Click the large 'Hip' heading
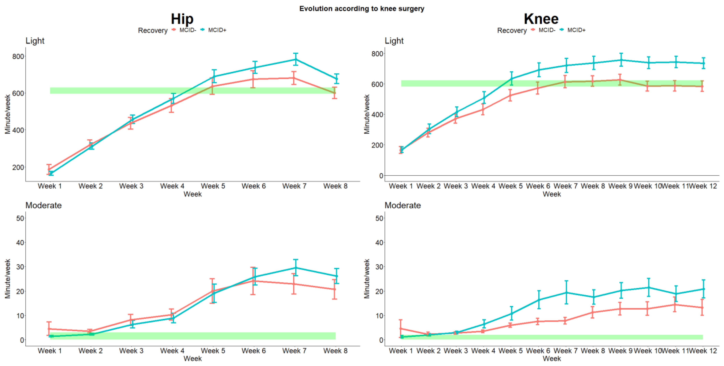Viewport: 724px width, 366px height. pyautogui.click(x=182, y=19)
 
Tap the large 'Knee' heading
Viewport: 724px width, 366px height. pyautogui.click(x=541, y=19)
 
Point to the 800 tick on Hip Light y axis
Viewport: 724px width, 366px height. pyautogui.click(x=18, y=57)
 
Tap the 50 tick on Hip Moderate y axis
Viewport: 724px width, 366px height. pyautogui.click(x=20, y=218)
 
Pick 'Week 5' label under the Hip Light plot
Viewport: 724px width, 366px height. pyautogui.click(x=213, y=186)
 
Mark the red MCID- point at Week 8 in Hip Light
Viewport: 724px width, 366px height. pyautogui.click(x=335, y=93)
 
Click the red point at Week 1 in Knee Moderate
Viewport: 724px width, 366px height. pyautogui.click(x=400, y=328)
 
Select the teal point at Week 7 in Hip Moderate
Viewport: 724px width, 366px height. pyautogui.click(x=295, y=268)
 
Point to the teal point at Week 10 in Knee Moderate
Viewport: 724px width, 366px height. pyautogui.click(x=648, y=287)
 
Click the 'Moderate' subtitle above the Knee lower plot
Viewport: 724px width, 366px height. pyautogui.click(x=402, y=206)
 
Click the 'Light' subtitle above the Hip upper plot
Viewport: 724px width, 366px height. pyautogui.click(x=35, y=41)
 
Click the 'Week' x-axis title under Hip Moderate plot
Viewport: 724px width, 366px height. pyautogui.click(x=193, y=358)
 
